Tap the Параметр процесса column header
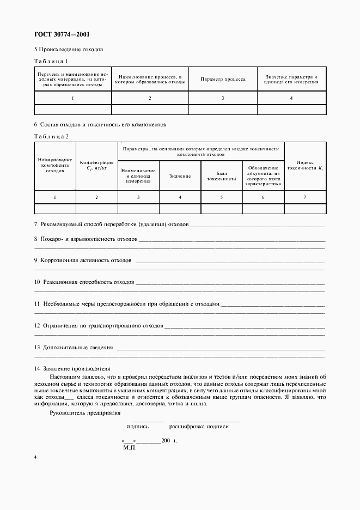[x=223, y=80]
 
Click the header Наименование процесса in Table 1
[x=150, y=80]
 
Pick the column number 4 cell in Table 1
[x=291, y=98]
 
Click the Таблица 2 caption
[x=51, y=136]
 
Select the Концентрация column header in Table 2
[x=96, y=165]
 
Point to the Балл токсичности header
[x=221, y=176]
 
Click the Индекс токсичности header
[x=305, y=166]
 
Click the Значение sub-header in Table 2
[x=180, y=176]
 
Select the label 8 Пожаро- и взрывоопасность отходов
[x=86, y=239]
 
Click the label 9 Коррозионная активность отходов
[x=83, y=260]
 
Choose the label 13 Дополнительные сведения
[x=74, y=347]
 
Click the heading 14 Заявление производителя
[x=72, y=368]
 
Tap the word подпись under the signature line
[x=138, y=427]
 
